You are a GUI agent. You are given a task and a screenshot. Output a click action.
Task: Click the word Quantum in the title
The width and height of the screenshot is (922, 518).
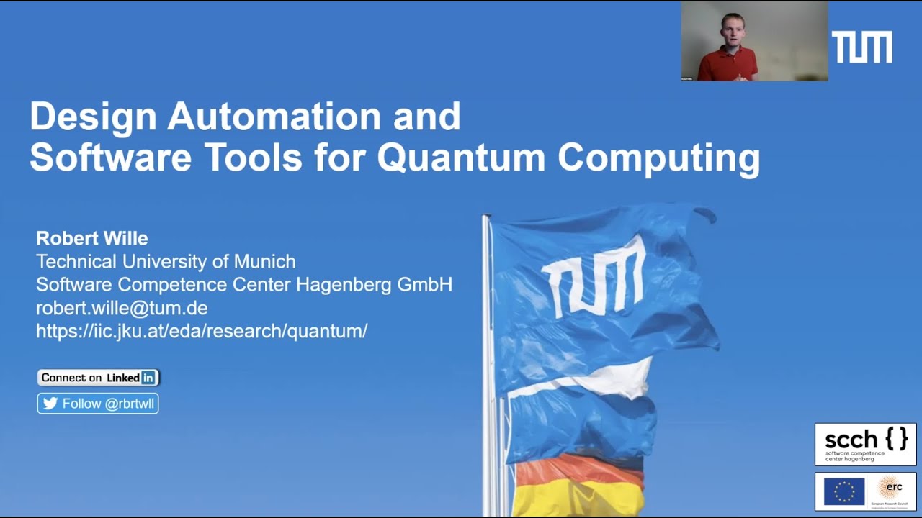[461, 158]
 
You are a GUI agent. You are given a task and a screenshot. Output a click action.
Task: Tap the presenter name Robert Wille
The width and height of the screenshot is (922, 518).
[91, 238]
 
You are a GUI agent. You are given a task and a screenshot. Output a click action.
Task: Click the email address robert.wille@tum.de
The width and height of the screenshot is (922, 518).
[122, 309]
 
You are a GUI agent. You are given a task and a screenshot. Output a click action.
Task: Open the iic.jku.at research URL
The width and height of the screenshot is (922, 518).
[202, 331]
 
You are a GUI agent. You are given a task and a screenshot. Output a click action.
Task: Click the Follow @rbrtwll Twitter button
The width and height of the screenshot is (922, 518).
[98, 404]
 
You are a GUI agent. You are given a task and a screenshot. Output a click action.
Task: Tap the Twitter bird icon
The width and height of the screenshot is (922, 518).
[50, 404]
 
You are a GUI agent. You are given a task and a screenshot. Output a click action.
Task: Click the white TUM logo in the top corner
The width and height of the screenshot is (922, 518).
[861, 47]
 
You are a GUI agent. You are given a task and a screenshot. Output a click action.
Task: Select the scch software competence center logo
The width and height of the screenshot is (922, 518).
[865, 444]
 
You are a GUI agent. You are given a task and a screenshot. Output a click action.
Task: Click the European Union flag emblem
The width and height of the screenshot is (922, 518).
[844, 491]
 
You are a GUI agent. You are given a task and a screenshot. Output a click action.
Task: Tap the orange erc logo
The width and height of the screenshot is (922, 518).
[890, 489]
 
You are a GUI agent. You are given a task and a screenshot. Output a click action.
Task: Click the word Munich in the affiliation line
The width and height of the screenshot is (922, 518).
[269, 261]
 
